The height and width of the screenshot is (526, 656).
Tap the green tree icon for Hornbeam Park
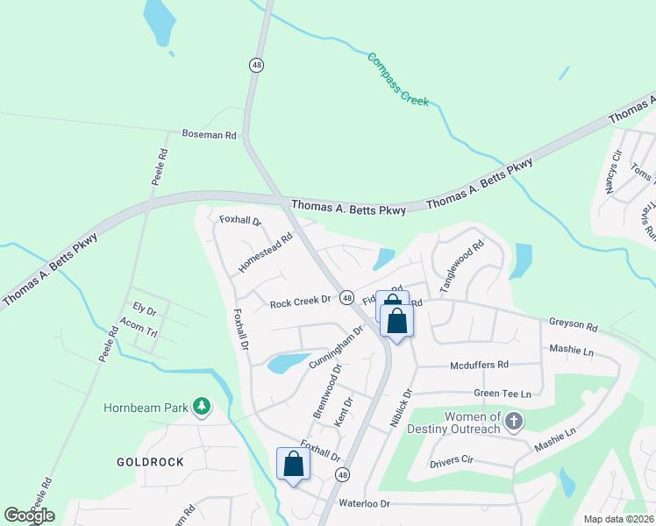(203, 405)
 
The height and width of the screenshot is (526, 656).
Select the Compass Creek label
(398, 80)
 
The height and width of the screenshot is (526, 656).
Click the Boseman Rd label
(210, 135)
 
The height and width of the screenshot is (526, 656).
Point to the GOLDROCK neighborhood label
(150, 461)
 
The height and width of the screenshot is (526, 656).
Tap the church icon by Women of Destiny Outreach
(514, 423)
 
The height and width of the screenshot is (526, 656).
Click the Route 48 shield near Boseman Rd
(255, 65)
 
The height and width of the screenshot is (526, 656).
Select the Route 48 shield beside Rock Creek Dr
(347, 298)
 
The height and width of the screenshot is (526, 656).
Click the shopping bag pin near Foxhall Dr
(292, 464)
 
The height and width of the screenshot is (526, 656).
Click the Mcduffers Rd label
(478, 365)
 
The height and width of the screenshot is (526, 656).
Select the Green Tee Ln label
(503, 394)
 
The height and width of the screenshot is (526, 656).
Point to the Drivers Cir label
(452, 460)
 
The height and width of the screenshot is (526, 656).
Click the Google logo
(29, 515)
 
